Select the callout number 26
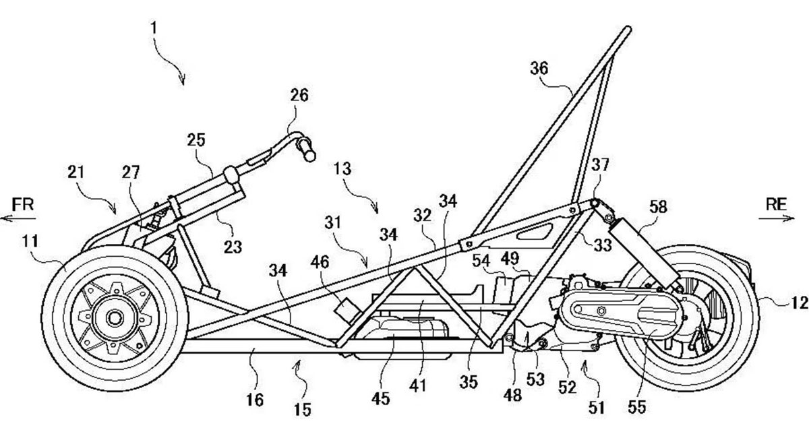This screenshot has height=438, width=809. pos(299,96)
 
